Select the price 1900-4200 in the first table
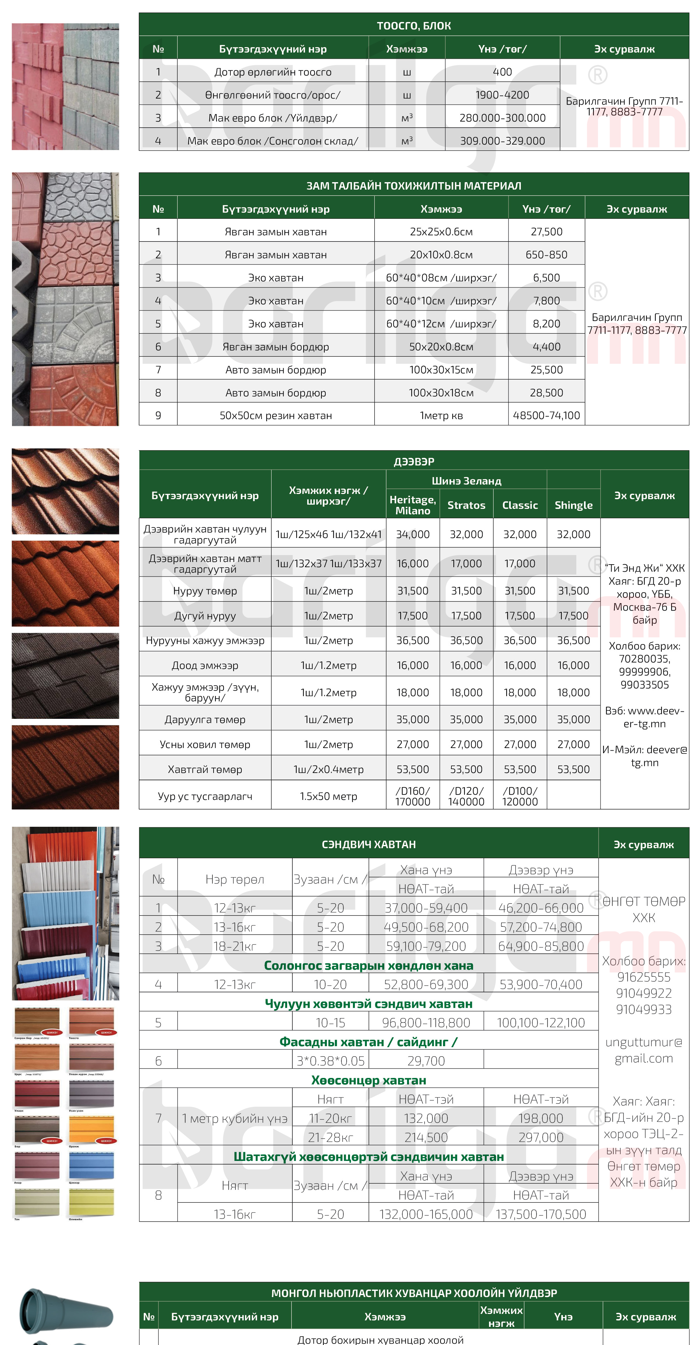(x=502, y=95)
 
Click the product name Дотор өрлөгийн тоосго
(x=273, y=72)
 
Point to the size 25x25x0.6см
(x=441, y=232)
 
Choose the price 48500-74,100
(x=546, y=415)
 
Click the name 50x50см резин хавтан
(x=275, y=415)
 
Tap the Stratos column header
(x=466, y=505)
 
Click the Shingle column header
(x=573, y=505)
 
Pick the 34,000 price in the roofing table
(x=412, y=534)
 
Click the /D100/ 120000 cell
(x=519, y=796)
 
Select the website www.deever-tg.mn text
(x=644, y=717)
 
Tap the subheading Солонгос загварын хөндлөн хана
(x=368, y=965)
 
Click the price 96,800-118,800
(x=426, y=1022)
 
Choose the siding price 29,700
(x=426, y=1060)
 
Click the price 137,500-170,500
(x=541, y=1214)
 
